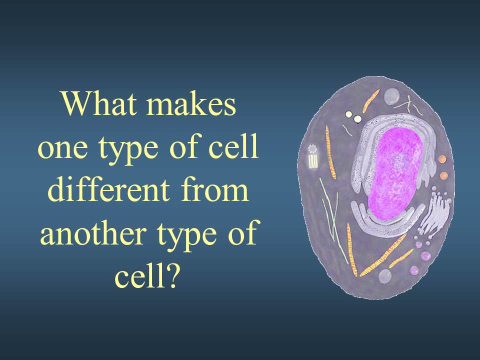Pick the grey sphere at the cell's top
[392, 96]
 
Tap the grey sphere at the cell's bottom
[385, 276]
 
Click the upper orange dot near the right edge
[442, 159]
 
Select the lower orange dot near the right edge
[443, 175]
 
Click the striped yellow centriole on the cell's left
[313, 156]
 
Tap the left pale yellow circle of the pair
[348, 114]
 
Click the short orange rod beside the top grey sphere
[371, 101]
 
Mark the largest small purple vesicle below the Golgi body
[425, 255]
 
